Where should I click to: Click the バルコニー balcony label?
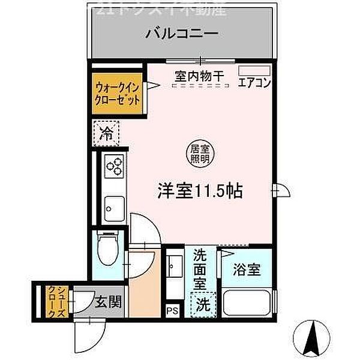tap(179, 34)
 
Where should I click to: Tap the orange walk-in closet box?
tap(118, 92)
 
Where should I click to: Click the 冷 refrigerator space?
tap(106, 133)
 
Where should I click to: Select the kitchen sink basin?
tap(112, 210)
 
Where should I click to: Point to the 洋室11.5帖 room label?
tap(199, 190)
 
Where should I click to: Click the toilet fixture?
tap(107, 251)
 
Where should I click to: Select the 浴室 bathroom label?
tap(247, 269)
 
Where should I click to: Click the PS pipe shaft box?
tap(173, 310)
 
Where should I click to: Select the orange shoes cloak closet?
tap(52, 301)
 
